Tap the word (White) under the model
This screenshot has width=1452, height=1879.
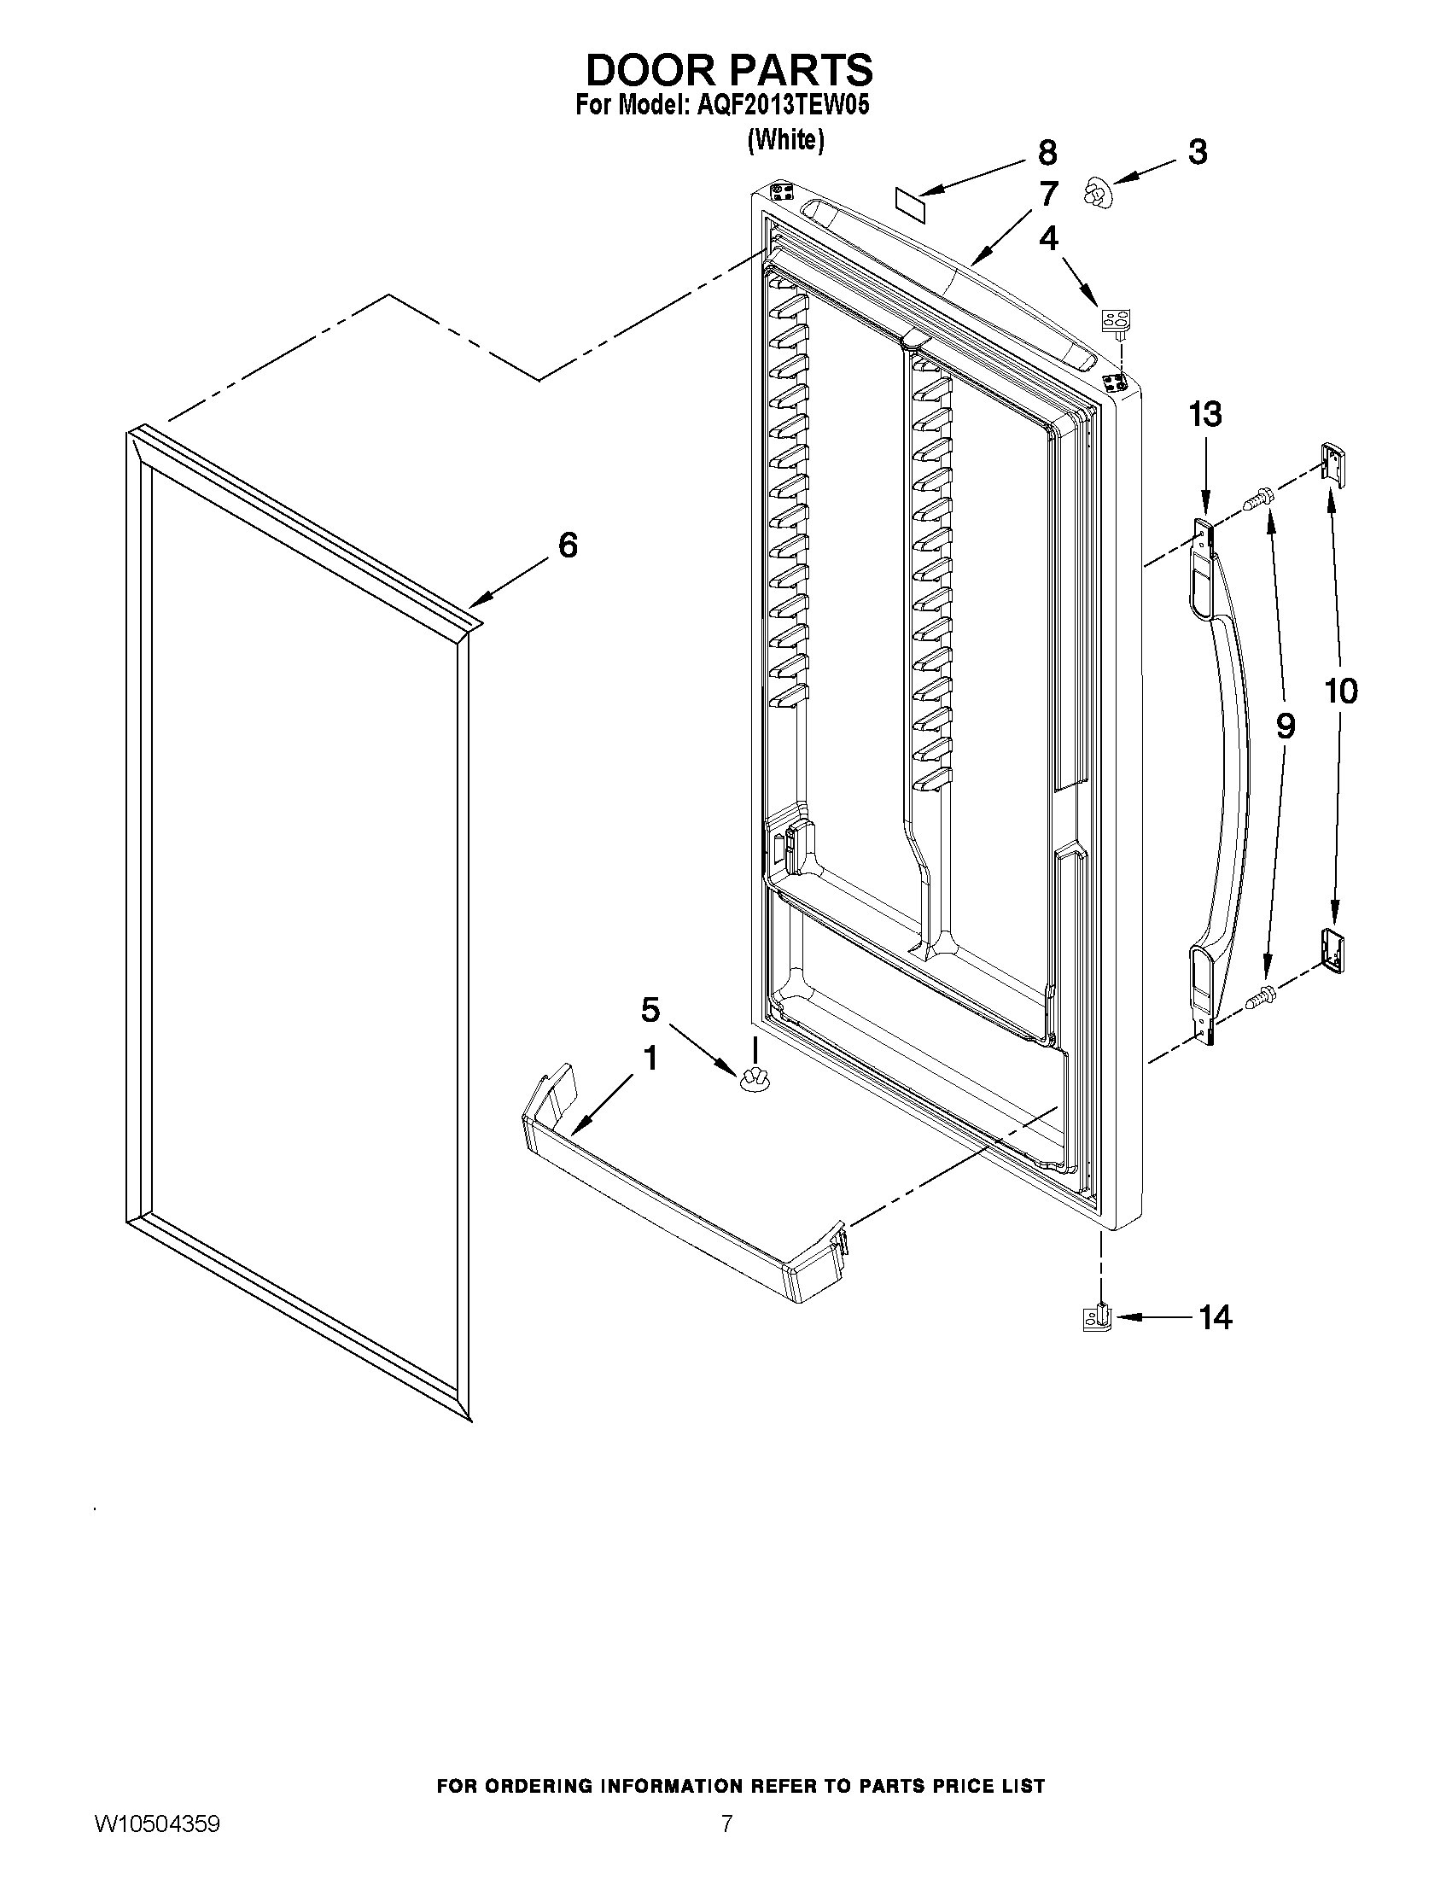coord(785,139)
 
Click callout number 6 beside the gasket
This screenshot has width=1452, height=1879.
coord(568,545)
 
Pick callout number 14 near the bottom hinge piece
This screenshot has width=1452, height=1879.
coord(1215,1316)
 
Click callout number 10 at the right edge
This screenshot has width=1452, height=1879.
coord(1341,690)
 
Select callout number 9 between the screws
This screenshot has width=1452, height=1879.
coord(1284,727)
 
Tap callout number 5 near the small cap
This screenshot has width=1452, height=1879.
coord(650,1009)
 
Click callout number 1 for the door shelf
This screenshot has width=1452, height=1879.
coord(650,1059)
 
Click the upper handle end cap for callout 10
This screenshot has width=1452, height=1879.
coord(1332,463)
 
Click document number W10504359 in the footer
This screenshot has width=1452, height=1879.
coord(156,1845)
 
